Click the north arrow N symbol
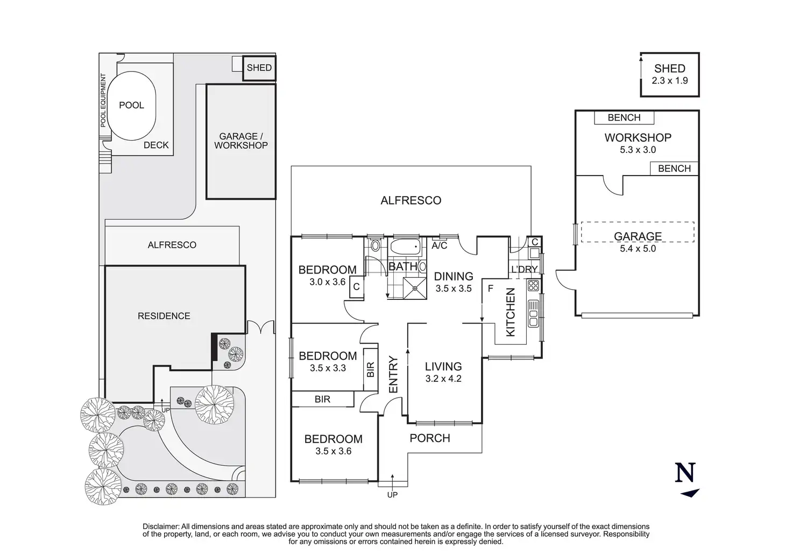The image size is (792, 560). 685,474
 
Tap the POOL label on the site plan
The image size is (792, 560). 131,105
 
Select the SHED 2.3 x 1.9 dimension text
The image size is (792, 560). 669,81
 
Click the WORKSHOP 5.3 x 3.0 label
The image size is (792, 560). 638,143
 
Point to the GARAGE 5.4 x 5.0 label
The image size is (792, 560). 638,242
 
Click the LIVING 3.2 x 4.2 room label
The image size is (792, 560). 443,372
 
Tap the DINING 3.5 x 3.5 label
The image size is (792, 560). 454,282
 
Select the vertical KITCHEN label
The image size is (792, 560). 511,312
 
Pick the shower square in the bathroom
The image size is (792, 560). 415,288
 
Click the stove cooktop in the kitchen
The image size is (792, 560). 534,285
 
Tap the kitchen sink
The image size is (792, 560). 534,313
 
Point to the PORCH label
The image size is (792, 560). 430,438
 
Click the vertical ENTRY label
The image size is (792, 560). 393,374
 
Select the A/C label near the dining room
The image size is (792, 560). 440,246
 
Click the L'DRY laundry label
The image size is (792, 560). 524,269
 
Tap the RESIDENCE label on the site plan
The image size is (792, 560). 164,316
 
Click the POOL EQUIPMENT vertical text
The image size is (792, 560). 103,100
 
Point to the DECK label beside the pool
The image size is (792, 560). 156,145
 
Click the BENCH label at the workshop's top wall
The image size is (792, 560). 624,117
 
